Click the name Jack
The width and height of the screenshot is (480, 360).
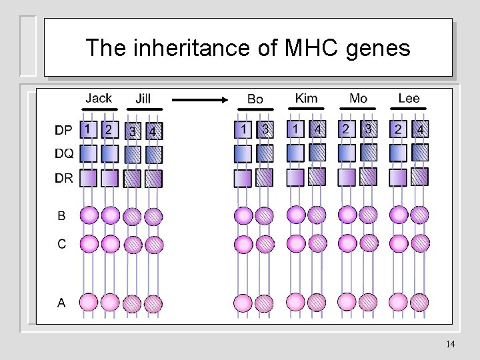98,98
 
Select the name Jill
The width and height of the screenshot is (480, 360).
143,98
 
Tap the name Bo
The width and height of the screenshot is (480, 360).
255,99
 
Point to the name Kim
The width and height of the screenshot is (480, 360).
306,98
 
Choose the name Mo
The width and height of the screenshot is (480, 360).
358,98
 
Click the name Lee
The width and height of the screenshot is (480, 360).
409,98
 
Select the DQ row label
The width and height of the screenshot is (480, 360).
65,154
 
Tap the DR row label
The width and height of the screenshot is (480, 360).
65,178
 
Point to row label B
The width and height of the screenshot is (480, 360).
61,215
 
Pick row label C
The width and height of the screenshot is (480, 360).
61,244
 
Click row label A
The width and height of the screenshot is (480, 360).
61,303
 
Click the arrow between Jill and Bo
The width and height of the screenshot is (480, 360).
200,100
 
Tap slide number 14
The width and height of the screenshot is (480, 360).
450,344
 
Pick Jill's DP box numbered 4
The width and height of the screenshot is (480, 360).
154,131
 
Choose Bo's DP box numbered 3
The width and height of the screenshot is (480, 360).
265,129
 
